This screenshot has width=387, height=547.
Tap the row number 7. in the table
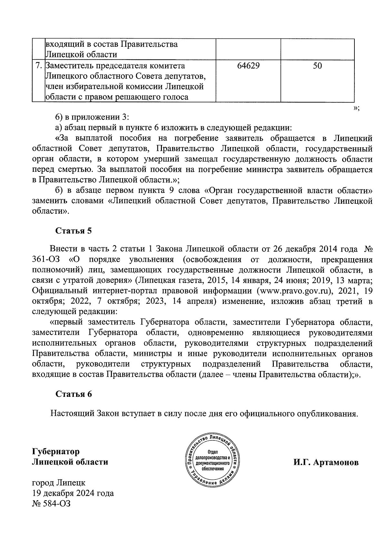coord(38,66)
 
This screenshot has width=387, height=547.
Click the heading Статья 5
coord(74,231)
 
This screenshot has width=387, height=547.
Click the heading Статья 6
coord(74,394)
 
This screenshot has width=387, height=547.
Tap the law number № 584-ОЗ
coord(51,503)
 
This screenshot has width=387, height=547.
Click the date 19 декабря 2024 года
coord(73,493)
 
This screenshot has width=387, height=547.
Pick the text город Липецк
coord(59,483)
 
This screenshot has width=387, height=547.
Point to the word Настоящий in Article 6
coord(72,414)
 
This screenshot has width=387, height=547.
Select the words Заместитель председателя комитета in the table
coord(115,66)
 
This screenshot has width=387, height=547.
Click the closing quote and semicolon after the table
coord(356,109)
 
